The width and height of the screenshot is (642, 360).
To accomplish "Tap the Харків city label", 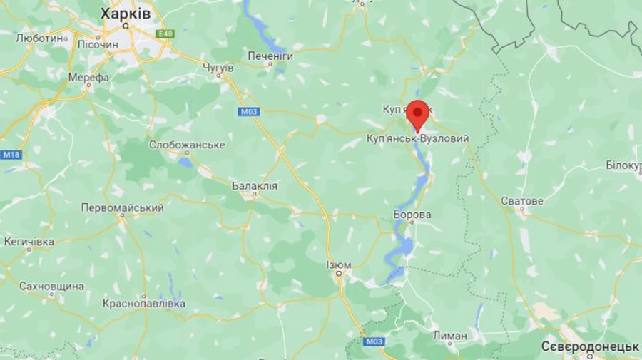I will click(x=126, y=14).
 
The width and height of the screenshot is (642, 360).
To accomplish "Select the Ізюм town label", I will click(x=339, y=265).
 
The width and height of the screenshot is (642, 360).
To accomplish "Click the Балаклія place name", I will click(x=255, y=185).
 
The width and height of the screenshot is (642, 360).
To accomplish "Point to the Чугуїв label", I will click(x=218, y=67).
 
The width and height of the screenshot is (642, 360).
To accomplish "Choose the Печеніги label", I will click(x=270, y=55).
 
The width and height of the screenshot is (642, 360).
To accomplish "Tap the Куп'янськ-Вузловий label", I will click(x=417, y=138).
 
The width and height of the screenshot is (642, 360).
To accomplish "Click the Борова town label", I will click(x=412, y=214).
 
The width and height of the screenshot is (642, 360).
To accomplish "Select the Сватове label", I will click(x=521, y=202).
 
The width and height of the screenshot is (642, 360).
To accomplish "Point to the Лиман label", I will click(x=450, y=335).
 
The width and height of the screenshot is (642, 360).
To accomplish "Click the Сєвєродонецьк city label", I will click(x=590, y=346).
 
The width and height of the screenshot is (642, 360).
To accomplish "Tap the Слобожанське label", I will click(x=187, y=145).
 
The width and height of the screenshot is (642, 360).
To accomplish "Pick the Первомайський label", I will click(x=122, y=208).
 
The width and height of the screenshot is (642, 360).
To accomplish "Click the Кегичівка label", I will click(x=29, y=242).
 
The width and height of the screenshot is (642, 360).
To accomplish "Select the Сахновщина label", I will click(x=52, y=287).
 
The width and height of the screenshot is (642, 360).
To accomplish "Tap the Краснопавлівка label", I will click(x=144, y=304).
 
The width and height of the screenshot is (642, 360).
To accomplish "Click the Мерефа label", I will click(x=88, y=77).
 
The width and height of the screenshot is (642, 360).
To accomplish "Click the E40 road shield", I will click(x=165, y=34).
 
